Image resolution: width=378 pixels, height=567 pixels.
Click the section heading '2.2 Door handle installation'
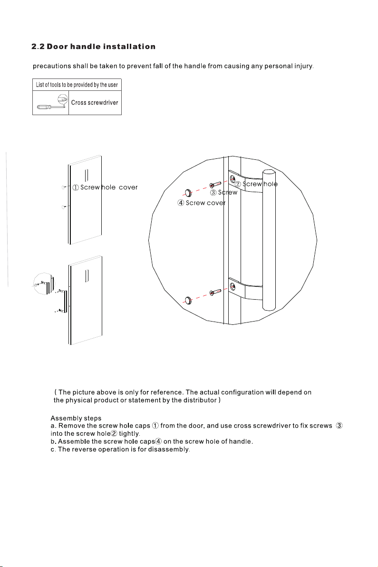click(94, 47)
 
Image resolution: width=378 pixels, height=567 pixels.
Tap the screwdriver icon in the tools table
click(52, 102)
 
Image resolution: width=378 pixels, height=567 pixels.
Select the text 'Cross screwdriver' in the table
click(95, 103)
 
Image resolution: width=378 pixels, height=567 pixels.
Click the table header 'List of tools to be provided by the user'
click(77, 85)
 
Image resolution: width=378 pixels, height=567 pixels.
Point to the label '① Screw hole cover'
click(105, 187)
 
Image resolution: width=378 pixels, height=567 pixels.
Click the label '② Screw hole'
click(256, 184)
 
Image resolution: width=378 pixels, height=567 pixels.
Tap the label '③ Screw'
click(223, 192)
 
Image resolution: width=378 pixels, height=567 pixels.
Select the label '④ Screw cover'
click(201, 203)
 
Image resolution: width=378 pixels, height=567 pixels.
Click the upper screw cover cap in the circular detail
click(188, 193)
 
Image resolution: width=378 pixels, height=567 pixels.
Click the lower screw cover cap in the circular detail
click(188, 300)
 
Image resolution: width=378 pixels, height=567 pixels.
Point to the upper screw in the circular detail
click(215, 185)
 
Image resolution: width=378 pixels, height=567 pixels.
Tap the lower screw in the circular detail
click(215, 292)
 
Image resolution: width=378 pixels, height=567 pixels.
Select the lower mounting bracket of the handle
click(245, 289)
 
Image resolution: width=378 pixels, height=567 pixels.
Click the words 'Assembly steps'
click(76, 419)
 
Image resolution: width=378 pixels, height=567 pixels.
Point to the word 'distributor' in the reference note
click(200, 401)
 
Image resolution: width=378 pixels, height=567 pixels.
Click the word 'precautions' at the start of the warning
click(52, 67)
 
